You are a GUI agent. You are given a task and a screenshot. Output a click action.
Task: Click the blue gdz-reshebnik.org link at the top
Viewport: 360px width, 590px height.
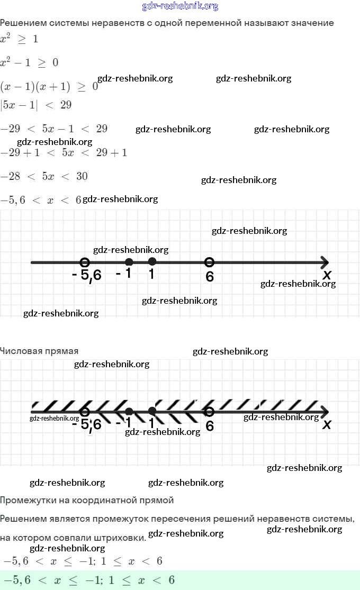[180, 6]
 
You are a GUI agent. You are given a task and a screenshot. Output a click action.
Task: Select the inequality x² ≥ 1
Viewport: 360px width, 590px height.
[19, 39]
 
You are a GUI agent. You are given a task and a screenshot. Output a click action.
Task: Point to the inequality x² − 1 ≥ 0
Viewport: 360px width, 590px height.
[29, 62]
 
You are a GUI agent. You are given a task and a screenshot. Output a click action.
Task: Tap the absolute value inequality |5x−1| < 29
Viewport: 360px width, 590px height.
[36, 105]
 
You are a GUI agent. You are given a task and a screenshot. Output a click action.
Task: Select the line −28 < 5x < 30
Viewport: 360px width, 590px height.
[44, 176]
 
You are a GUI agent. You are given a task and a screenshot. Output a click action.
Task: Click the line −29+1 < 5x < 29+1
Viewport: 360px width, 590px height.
[64, 152]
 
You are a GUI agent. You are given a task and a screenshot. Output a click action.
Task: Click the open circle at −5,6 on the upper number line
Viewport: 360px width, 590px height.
[84, 262]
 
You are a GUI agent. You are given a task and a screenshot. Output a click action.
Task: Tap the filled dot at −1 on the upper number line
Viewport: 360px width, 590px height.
[129, 262]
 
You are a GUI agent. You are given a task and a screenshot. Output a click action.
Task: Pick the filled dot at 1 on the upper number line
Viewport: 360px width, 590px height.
[152, 261]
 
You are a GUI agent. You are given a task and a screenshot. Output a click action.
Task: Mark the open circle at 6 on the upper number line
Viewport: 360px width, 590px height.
[209, 262]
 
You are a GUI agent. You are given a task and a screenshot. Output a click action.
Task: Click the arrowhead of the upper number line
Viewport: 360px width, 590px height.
[325, 262]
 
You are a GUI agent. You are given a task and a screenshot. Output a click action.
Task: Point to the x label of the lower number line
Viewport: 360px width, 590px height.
[327, 424]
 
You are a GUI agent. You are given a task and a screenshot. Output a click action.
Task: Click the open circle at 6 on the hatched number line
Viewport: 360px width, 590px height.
[209, 411]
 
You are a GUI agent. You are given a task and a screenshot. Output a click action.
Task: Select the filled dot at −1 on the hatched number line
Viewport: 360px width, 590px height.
[129, 411]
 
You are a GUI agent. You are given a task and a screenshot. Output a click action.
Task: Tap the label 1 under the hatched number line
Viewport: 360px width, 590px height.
[151, 423]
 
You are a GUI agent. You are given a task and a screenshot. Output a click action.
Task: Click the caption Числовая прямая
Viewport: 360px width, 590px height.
[39, 351]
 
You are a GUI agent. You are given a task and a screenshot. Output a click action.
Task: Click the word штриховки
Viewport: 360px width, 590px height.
[122, 538]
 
